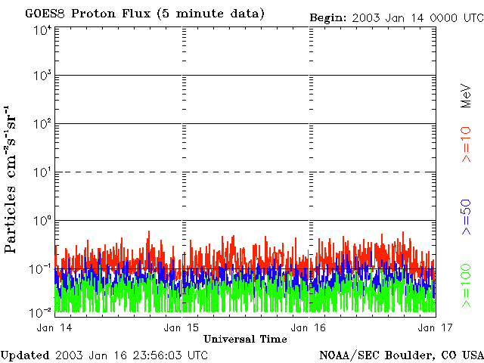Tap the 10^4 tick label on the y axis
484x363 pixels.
click(42, 30)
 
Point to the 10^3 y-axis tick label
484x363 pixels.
click(42, 76)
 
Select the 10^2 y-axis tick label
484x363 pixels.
click(42, 124)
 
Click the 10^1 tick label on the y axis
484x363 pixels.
click(42, 172)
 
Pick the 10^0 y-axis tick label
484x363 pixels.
click(42, 221)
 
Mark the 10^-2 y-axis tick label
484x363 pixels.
click(41, 312)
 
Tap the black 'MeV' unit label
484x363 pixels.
click(467, 97)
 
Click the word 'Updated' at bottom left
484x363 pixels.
click(25, 355)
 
